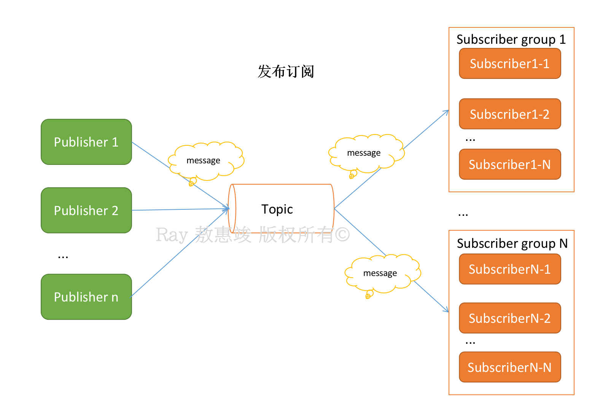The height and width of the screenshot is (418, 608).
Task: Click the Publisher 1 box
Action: [x=86, y=142]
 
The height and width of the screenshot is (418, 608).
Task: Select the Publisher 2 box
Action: [x=86, y=210]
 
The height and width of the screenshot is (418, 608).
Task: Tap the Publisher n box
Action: [x=86, y=297]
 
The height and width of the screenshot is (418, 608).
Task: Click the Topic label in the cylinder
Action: [x=277, y=209]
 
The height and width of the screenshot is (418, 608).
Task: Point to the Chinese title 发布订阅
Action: [x=286, y=72]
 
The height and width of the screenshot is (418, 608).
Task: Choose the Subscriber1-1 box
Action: [x=510, y=64]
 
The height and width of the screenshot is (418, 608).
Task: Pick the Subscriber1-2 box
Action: [x=510, y=114]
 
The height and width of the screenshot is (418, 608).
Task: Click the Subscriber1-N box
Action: [x=510, y=164]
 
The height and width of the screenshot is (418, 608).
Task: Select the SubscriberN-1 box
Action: [x=510, y=269]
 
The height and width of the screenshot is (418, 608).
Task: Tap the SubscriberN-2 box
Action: [x=510, y=318]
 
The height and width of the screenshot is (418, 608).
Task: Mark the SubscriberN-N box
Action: [x=510, y=367]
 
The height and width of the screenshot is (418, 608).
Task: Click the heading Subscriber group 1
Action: [x=511, y=40]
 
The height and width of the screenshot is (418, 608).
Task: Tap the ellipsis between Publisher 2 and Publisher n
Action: [x=63, y=257]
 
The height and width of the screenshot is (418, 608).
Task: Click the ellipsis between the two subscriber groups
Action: [x=463, y=215]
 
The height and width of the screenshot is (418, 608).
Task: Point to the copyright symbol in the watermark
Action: [x=342, y=235]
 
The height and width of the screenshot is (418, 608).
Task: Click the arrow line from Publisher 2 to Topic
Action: [x=181, y=209]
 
